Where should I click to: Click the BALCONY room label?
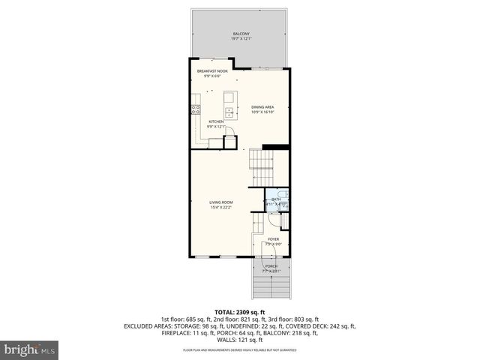(x=241, y=34)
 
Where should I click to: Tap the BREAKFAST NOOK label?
(x=212, y=71)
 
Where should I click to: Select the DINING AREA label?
(x=262, y=107)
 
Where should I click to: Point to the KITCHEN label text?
(x=216, y=121)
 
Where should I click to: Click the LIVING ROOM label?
(x=221, y=202)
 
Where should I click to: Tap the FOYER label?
(x=273, y=239)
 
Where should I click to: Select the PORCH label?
(x=271, y=266)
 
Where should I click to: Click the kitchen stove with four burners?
(x=195, y=109)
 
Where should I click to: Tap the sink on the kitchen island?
(x=230, y=111)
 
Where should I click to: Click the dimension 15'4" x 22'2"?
(x=221, y=207)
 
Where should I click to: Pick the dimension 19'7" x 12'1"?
(x=241, y=40)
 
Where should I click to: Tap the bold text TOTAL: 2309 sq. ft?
(x=240, y=312)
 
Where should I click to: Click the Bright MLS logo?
(x=30, y=349)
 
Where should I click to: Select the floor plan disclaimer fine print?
(x=240, y=350)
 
